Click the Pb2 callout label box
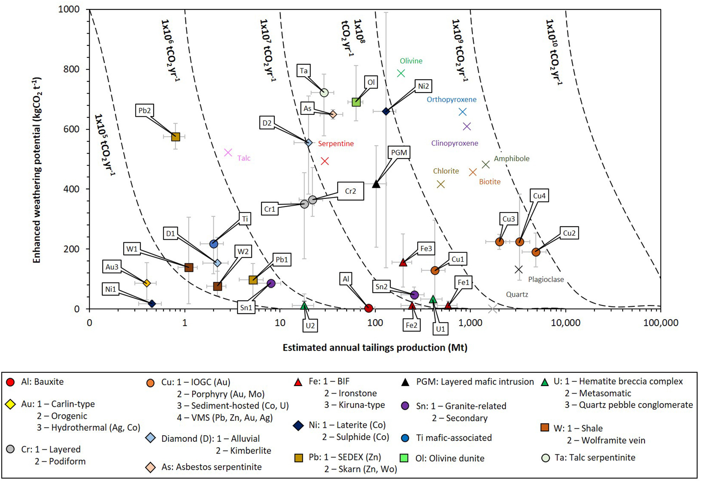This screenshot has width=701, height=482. point(145,110)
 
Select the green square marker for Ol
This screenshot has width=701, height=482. point(356,102)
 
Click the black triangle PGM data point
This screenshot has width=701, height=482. point(376,184)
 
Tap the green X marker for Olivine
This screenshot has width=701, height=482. point(401,73)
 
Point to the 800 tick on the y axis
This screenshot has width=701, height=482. point(71,69)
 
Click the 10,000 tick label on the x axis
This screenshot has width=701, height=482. point(566,323)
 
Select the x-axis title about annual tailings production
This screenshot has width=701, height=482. point(375,348)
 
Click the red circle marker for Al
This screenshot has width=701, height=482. point(368,308)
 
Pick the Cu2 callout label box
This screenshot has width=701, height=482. point(569,233)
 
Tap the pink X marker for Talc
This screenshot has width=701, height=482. point(228,153)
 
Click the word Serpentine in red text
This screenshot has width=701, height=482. point(336,144)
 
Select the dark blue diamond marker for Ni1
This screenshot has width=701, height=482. point(152,304)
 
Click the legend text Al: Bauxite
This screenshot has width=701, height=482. point(42,382)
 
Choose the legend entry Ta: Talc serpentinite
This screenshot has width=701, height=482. point(595,458)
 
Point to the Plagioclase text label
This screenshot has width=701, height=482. point(546,279)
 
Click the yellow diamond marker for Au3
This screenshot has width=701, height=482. point(147,283)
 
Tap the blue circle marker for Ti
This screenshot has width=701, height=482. point(214,244)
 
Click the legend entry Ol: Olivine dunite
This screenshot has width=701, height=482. point(450,458)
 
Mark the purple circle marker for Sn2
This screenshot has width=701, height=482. point(414,295)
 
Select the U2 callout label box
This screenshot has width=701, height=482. point(310,326)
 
